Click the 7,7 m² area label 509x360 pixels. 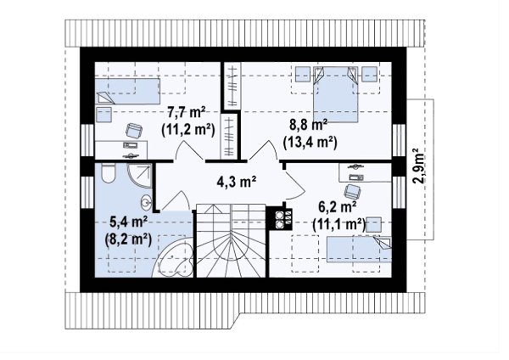tap(187, 113)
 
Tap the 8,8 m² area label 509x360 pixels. tap(309, 125)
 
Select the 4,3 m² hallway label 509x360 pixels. tap(237, 182)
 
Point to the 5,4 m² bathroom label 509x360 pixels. tap(129, 222)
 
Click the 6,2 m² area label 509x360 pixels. tap(338, 207)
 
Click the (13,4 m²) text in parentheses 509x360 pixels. tap(310, 142)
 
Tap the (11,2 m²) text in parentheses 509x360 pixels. tap(188, 129)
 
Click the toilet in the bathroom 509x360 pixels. tap(108, 173)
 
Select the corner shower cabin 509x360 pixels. tap(140, 176)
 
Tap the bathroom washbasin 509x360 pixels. tap(146, 202)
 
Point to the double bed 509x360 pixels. tap(336, 94)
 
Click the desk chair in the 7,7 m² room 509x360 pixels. tap(134, 130)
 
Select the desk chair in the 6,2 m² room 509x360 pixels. tap(352, 192)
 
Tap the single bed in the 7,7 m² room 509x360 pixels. tap(127, 92)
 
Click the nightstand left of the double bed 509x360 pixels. tap(303, 75)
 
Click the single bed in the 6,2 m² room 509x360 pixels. tap(359, 250)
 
